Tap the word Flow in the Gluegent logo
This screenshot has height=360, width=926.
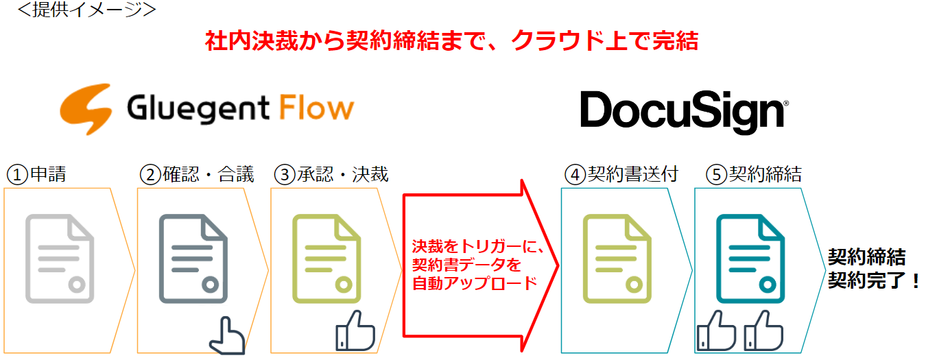316,108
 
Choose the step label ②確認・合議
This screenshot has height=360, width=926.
196,174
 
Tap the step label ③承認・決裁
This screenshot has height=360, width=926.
331,174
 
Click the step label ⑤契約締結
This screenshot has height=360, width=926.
754,174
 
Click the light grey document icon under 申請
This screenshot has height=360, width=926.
60,258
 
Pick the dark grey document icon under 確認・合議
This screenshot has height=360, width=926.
193,258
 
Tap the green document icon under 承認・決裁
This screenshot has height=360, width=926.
327,258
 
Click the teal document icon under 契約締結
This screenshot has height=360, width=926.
750,258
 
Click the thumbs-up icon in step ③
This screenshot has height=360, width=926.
355,331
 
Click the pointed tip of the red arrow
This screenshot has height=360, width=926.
557,264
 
